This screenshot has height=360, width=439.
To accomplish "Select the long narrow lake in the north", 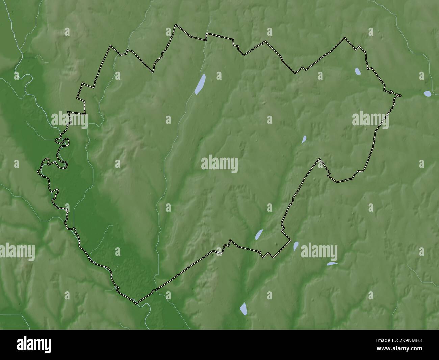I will click(x=200, y=84).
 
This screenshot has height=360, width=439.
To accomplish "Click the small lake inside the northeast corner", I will click(x=358, y=71).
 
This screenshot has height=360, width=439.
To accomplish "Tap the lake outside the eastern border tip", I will click(x=428, y=94).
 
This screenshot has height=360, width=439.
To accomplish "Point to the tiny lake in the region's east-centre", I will click(x=304, y=139).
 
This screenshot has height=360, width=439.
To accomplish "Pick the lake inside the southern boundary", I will click(x=259, y=234).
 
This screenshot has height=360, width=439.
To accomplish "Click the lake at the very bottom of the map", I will click(x=243, y=309).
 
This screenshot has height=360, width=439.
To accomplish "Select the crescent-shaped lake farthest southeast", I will click(x=332, y=264).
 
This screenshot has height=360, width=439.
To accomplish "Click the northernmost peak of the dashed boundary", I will click(x=175, y=25).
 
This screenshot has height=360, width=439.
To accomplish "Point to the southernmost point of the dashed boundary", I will click(x=137, y=303).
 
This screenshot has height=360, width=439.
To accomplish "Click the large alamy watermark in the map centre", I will click(x=219, y=164).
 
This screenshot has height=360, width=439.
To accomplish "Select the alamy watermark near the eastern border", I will click(x=370, y=119).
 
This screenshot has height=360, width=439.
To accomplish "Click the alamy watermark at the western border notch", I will click(x=70, y=120).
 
